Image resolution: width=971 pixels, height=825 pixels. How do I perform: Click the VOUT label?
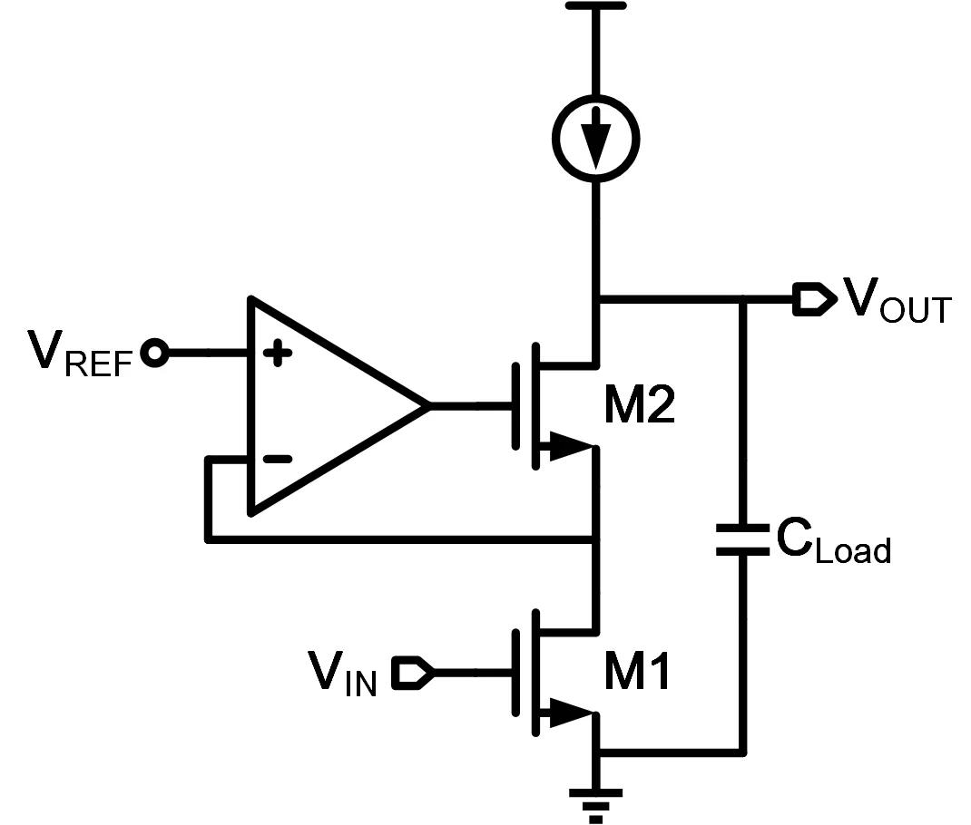897,302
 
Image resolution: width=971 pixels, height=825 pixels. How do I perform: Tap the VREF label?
81,354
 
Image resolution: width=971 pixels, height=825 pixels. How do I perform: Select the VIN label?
343,675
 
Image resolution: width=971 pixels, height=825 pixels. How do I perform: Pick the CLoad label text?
833,543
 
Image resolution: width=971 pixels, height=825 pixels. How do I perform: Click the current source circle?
595,139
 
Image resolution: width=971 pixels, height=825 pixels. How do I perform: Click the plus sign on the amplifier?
277,354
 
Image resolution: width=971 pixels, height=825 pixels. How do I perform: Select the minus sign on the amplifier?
277,459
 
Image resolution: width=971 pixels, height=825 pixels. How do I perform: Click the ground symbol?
595,802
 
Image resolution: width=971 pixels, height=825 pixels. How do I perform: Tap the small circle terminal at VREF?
156,354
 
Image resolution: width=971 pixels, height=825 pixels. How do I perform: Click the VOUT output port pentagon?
812,300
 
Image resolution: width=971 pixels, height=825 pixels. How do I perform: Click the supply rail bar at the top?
595,5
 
